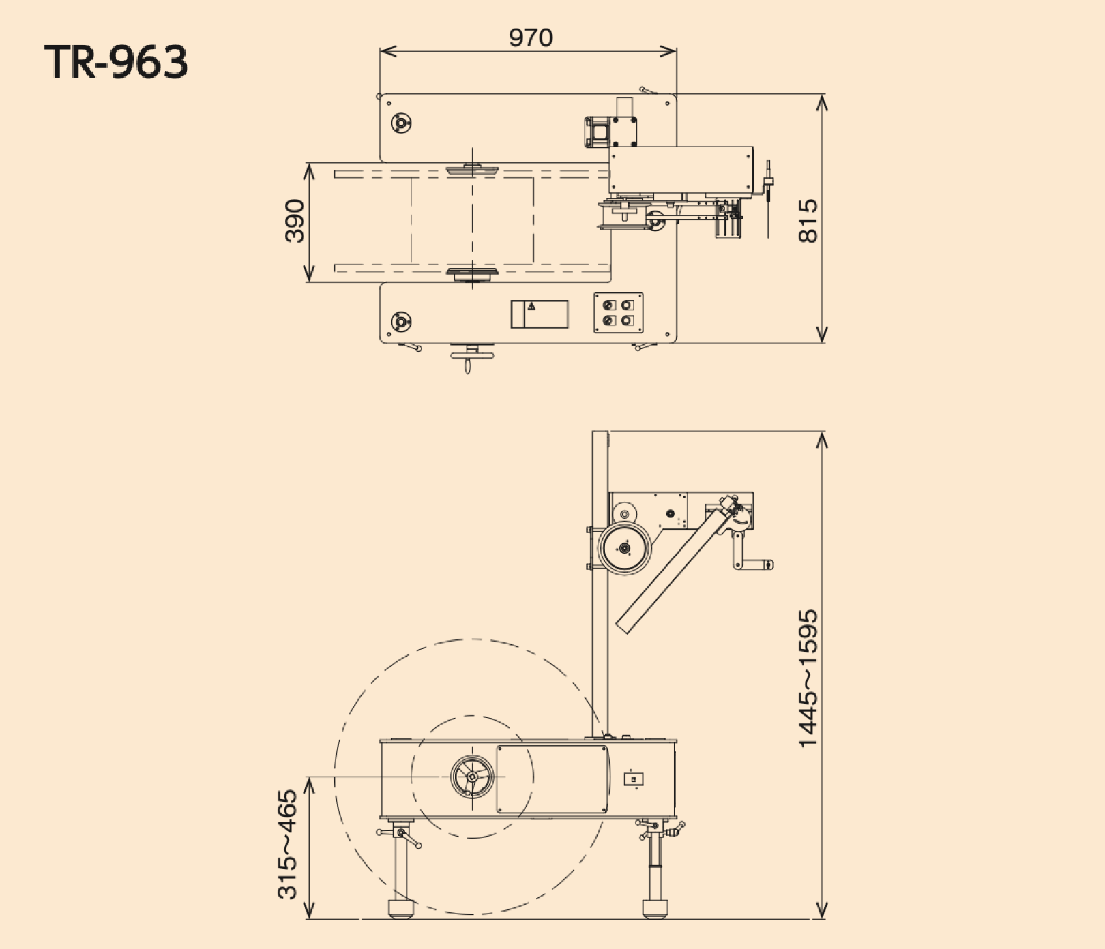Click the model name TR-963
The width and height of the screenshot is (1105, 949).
[116, 63]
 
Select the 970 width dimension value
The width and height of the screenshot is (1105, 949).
[531, 38]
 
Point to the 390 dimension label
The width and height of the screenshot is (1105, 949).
[295, 221]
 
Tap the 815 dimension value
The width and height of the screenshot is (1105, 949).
[808, 221]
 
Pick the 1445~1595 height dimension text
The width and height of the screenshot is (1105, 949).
[808, 678]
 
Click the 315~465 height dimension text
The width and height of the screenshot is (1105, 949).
[288, 844]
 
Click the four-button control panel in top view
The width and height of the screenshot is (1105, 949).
[619, 313]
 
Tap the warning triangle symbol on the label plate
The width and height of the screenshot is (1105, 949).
[531, 307]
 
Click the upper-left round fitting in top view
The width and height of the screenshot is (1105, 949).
[401, 123]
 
